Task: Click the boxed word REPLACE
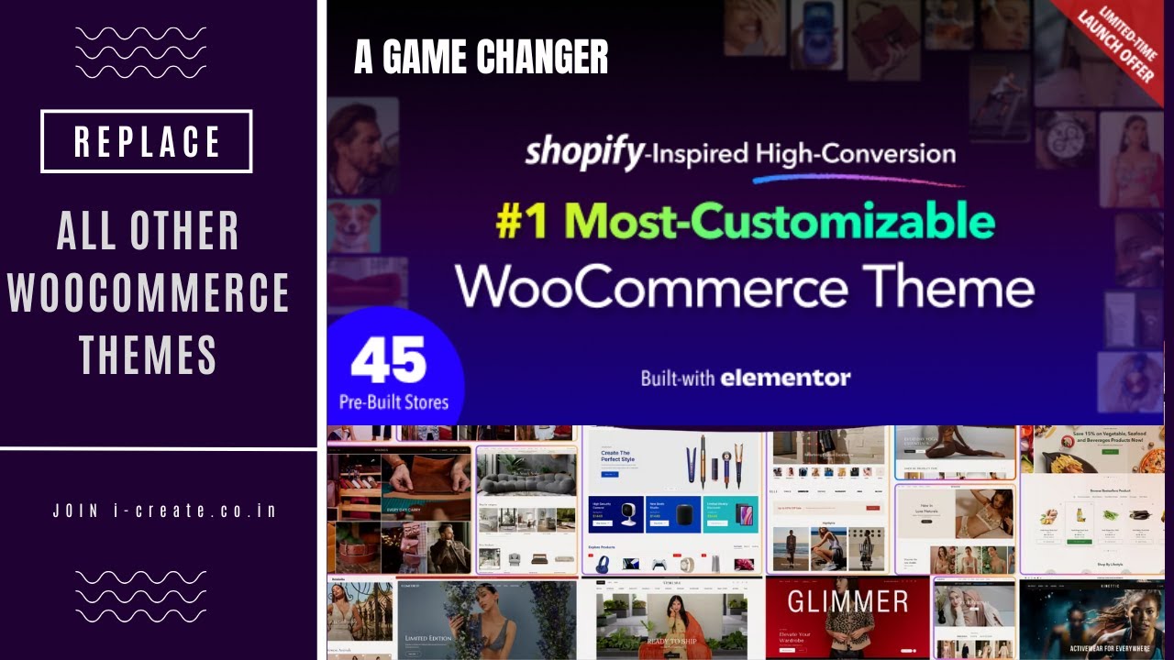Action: pyautogui.click(x=147, y=141)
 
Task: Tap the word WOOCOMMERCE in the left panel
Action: pyautogui.click(x=149, y=292)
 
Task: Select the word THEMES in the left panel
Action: pyautogui.click(x=148, y=355)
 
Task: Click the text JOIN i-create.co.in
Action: pyautogui.click(x=165, y=511)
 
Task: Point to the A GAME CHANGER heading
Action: pyautogui.click(x=481, y=58)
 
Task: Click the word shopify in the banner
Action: pyautogui.click(x=584, y=152)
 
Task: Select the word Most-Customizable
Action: pyautogui.click(x=785, y=222)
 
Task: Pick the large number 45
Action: pyautogui.click(x=388, y=360)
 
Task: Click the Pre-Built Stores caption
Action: pyautogui.click(x=393, y=402)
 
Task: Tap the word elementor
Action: pyautogui.click(x=785, y=377)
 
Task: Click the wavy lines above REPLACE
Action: pyautogui.click(x=140, y=52)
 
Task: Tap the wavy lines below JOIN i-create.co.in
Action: pyautogui.click(x=140, y=596)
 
